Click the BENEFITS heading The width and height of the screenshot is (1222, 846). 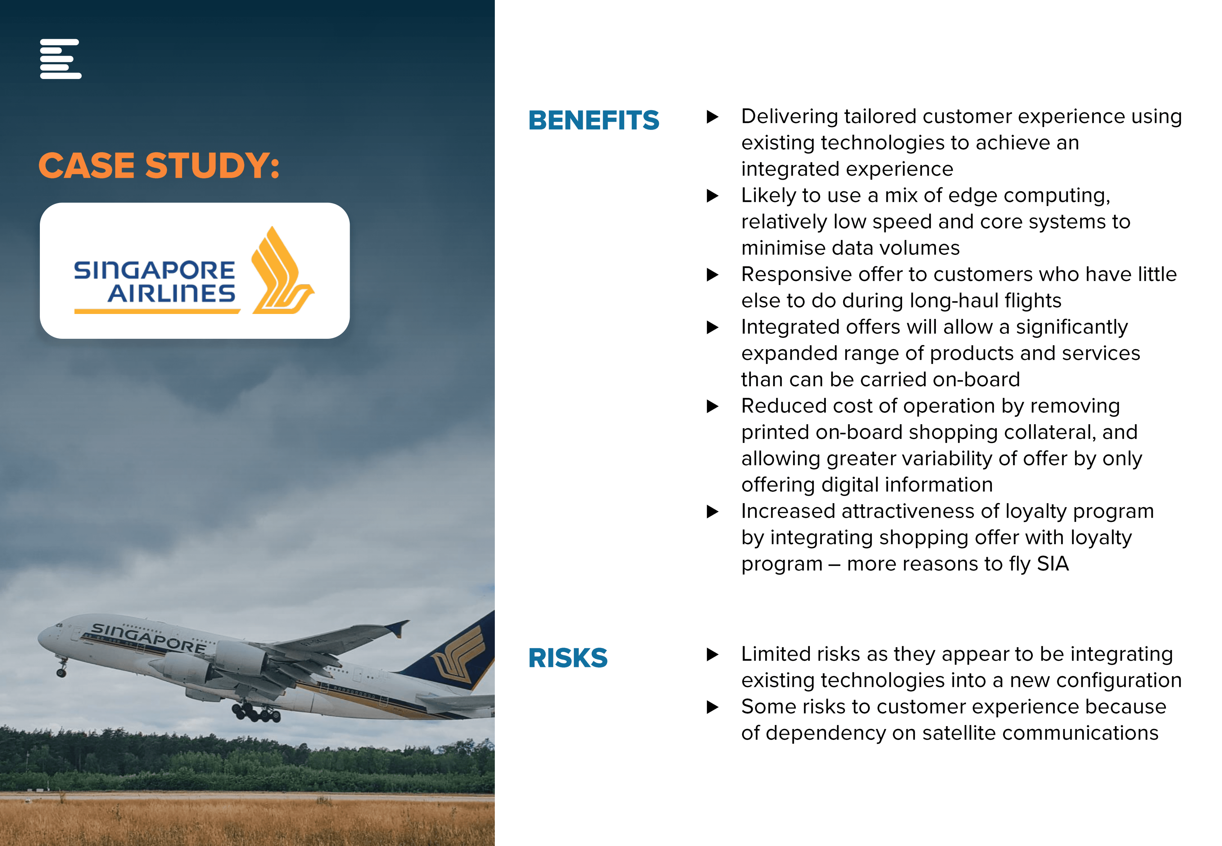593,120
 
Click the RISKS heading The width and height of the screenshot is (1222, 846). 567,658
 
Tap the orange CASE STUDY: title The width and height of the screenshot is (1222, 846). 159,165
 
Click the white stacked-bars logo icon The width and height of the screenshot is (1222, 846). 61,59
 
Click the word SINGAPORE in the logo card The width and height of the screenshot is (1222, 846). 154,270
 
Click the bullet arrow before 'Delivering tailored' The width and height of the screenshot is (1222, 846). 713,117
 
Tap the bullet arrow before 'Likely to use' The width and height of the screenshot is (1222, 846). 713,196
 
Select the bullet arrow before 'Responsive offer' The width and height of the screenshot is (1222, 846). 713,274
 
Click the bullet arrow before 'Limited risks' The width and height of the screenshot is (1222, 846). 713,654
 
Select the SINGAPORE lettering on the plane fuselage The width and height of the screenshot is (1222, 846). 149,637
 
